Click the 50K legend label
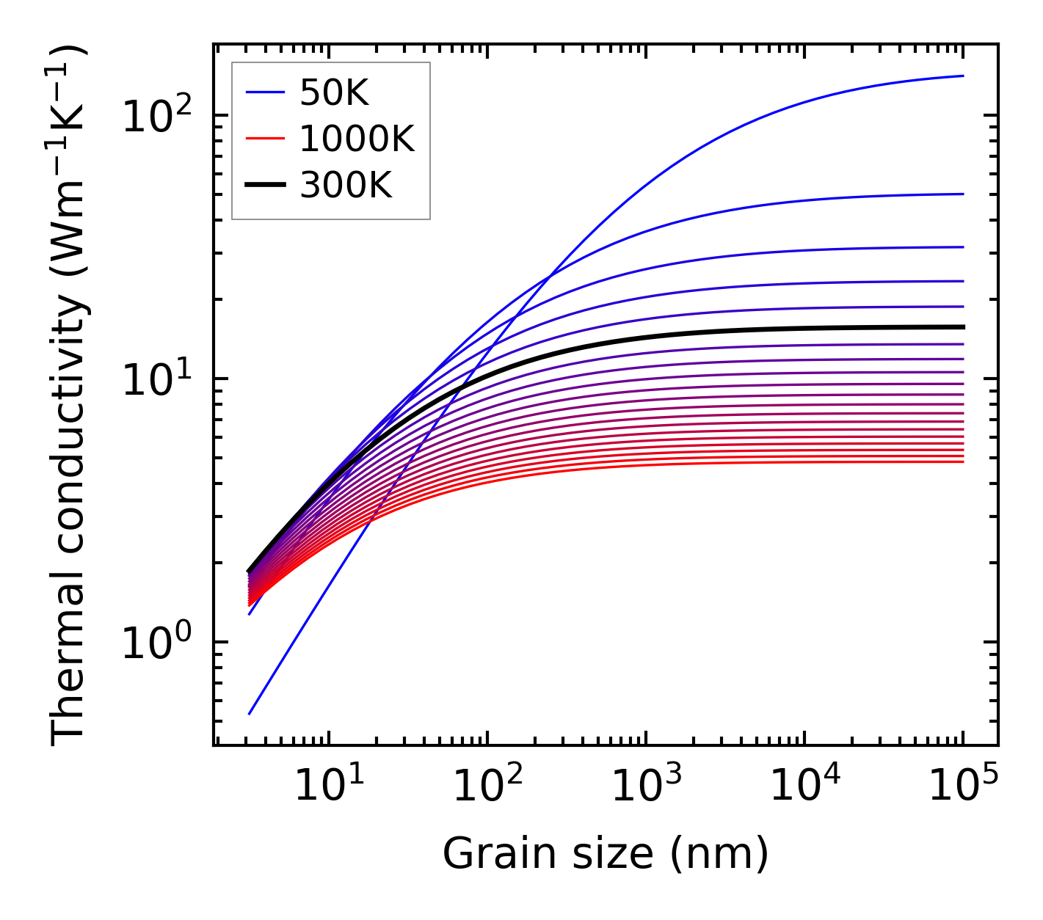pos(334,92)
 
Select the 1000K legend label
pos(357,139)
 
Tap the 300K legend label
pos(346,186)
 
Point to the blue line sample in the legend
pos(264,92)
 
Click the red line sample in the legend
pos(264,139)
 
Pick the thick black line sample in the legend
pos(264,186)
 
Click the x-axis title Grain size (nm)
pos(606,854)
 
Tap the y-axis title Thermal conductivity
pos(70,395)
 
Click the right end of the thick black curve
pos(963,327)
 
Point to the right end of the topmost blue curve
pos(963,76)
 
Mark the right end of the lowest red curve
pos(963,461)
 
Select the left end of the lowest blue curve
pos(250,714)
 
